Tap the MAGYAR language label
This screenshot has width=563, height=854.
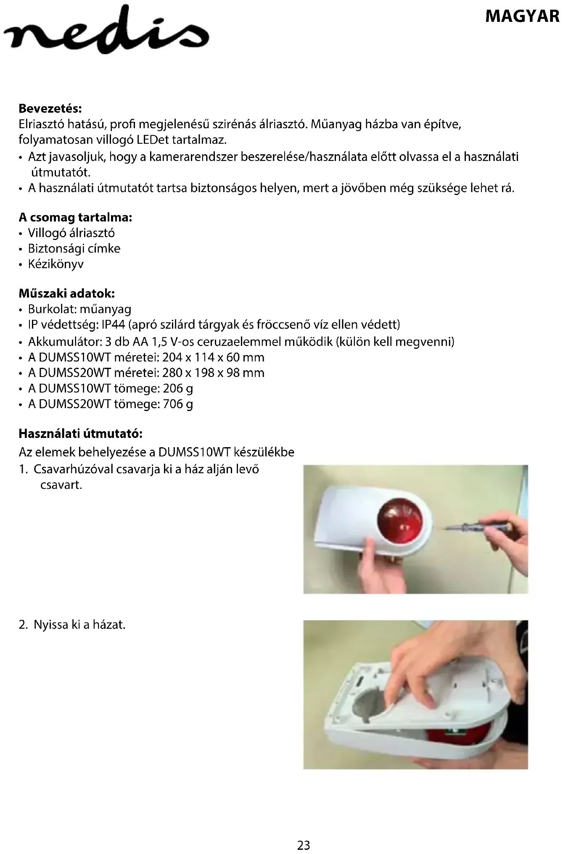(x=522, y=17)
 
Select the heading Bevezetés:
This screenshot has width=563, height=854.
(x=50, y=109)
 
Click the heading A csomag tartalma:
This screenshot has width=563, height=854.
(x=75, y=218)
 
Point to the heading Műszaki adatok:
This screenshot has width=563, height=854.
(x=66, y=293)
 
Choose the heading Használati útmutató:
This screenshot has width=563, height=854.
(x=81, y=433)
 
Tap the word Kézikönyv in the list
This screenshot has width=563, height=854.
(x=56, y=264)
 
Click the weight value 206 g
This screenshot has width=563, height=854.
(x=178, y=388)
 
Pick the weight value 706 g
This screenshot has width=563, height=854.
(x=178, y=404)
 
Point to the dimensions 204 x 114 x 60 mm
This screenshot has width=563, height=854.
(x=213, y=358)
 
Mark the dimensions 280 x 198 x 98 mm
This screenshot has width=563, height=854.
(x=213, y=373)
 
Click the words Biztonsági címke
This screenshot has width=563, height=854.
(x=74, y=249)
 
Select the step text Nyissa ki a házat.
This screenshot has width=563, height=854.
(x=79, y=625)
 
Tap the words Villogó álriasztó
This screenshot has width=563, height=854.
(x=71, y=233)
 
